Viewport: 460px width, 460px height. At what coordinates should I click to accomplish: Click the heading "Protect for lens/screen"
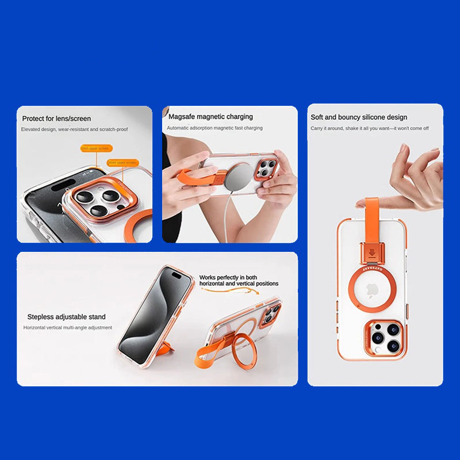pyautogui.click(x=56, y=118)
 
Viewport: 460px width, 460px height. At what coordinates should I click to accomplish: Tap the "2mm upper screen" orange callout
pyautogui.click(x=95, y=148)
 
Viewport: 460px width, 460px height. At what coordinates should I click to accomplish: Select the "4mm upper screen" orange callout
pyautogui.click(x=123, y=163)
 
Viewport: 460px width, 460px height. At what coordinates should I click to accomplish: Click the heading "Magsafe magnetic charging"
pyautogui.click(x=210, y=117)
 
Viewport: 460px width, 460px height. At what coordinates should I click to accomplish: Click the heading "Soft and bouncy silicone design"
pyautogui.click(x=359, y=117)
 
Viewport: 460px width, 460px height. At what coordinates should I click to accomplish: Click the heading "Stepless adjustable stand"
pyautogui.click(x=66, y=317)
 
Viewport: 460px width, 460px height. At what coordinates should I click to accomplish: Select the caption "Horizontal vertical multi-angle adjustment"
pyautogui.click(x=68, y=328)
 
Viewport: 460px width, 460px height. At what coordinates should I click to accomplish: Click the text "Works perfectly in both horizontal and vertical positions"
pyautogui.click(x=239, y=281)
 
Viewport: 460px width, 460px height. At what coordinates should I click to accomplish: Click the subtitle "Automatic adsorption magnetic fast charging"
pyautogui.click(x=215, y=128)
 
